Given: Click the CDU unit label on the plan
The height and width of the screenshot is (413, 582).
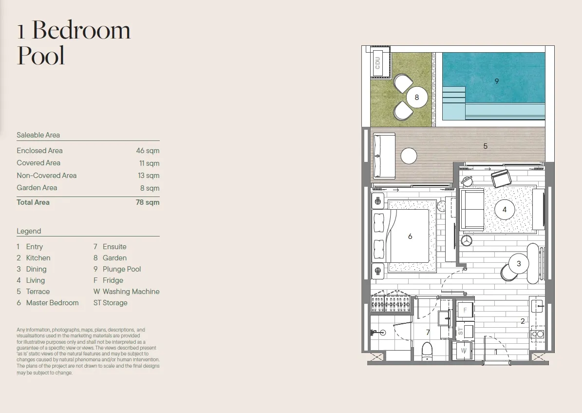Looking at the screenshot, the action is point(377,63).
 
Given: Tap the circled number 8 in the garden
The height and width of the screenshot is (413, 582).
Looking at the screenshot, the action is point(417,98).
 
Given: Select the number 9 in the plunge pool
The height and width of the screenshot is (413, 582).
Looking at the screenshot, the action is point(497,81).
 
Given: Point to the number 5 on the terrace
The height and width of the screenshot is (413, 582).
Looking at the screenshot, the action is point(485,146).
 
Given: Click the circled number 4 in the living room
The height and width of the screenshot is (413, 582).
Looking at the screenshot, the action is point(505,210).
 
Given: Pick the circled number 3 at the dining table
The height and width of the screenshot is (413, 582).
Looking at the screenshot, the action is point(519,264).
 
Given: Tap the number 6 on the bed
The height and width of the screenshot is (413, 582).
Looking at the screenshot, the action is point(410,236).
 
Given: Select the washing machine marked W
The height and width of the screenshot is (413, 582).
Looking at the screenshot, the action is point(464,351).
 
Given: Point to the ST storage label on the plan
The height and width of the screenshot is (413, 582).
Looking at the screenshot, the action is point(461,331).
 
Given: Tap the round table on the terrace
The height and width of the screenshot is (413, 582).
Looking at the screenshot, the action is point(409,156).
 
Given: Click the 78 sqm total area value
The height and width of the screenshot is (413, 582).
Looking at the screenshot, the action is point(148,202).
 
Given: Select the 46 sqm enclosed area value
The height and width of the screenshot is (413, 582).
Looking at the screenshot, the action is point(148,151).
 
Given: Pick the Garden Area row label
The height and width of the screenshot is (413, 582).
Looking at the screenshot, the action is point(37,188).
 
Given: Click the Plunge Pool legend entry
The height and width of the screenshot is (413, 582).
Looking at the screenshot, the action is point(117,269).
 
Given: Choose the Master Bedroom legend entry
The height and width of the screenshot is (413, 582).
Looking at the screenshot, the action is point(48,303).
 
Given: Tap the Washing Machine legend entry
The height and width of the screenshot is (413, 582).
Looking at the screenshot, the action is point(127,292).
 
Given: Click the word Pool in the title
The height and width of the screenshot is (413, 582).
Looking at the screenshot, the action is point(41,56).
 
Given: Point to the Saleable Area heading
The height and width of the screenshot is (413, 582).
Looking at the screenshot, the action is point(38,135).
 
